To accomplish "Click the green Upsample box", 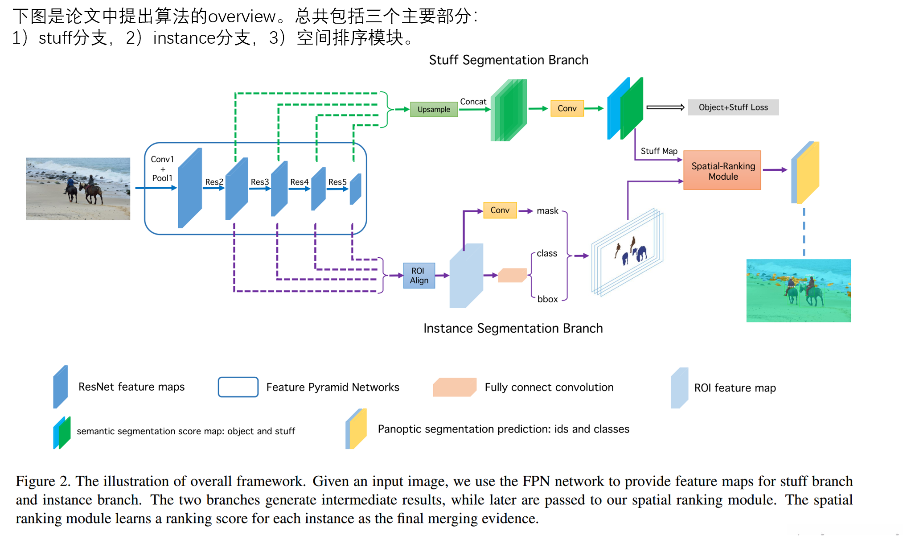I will coord(433,109).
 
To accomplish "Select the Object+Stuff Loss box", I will coord(733,107).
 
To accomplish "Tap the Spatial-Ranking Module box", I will coord(722,171).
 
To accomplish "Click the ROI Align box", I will coord(419,276).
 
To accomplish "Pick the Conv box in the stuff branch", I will coord(567,108).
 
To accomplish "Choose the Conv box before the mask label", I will coord(500,210).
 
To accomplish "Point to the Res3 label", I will coord(259,182).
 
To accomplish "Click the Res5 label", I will coord(337,182).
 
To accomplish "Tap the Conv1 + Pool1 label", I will coord(162,169).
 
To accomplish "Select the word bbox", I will coord(547,299).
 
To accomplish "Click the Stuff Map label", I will coord(659,151).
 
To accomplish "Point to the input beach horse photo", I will coord(78,189).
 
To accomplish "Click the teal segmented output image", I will coord(798,290).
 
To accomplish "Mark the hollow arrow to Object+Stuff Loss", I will coord(665,107).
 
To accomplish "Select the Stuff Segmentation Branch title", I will coord(509,60).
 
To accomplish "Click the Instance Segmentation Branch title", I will coord(513,329).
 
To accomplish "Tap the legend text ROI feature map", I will coord(735,388).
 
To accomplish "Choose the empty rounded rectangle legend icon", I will coord(238,387).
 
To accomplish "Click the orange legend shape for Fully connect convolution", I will coord(454,387).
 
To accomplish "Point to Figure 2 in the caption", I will coord(43,481).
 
